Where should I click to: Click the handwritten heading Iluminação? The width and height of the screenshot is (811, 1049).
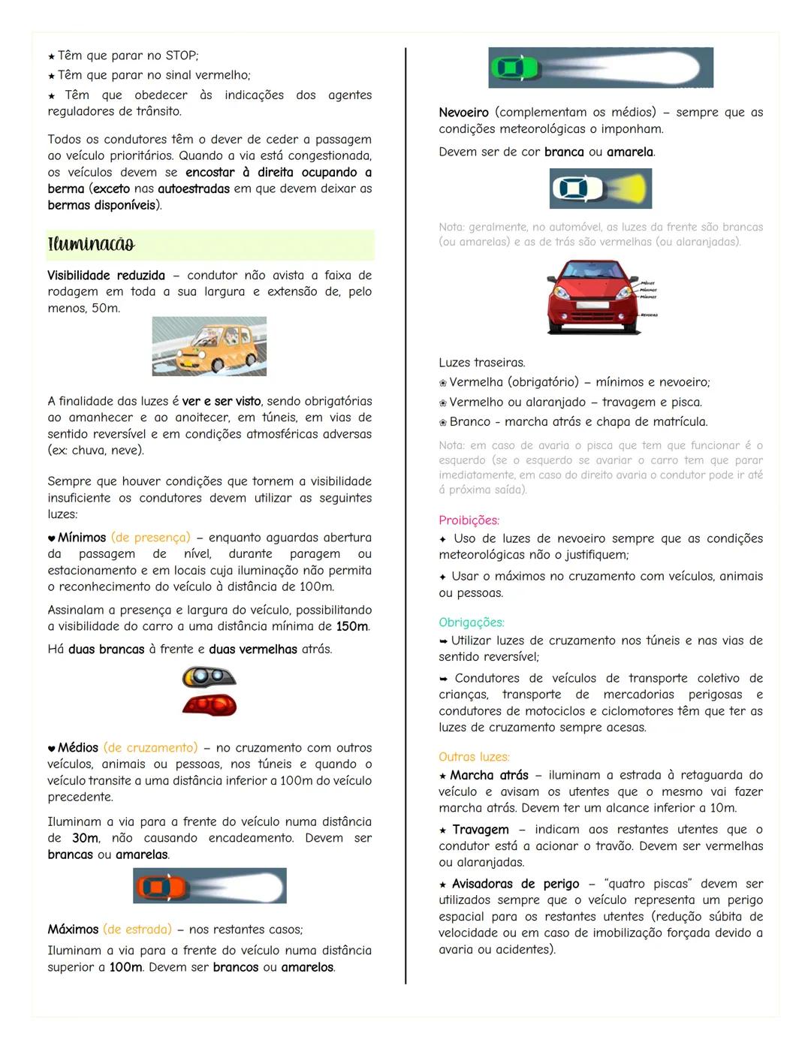pyautogui.click(x=92, y=245)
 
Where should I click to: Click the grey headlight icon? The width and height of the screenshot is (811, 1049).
pyautogui.click(x=209, y=677)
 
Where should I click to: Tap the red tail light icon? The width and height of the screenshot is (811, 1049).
pyautogui.click(x=210, y=705)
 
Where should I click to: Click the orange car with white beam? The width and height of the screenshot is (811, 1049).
pyautogui.click(x=157, y=886)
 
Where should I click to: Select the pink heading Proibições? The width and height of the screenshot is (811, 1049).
pyautogui.click(x=469, y=520)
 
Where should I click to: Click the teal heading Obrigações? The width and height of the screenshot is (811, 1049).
pyautogui.click(x=472, y=622)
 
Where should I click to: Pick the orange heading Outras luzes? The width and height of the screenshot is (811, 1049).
pyautogui.click(x=474, y=757)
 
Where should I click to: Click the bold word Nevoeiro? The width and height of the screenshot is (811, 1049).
pyautogui.click(x=463, y=113)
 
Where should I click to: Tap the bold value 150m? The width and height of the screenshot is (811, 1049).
pyautogui.click(x=352, y=626)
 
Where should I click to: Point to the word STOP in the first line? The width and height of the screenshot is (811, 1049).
pyautogui.click(x=180, y=56)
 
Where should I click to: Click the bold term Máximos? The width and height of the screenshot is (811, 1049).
pyautogui.click(x=73, y=930)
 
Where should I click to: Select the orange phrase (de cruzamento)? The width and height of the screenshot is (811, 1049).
pyautogui.click(x=150, y=748)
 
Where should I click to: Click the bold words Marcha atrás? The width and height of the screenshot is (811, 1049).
pyautogui.click(x=489, y=775)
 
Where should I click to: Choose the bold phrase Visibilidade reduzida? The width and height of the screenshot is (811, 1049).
pyautogui.click(x=106, y=276)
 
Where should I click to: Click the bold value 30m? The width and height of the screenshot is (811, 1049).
pyautogui.click(x=85, y=838)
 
